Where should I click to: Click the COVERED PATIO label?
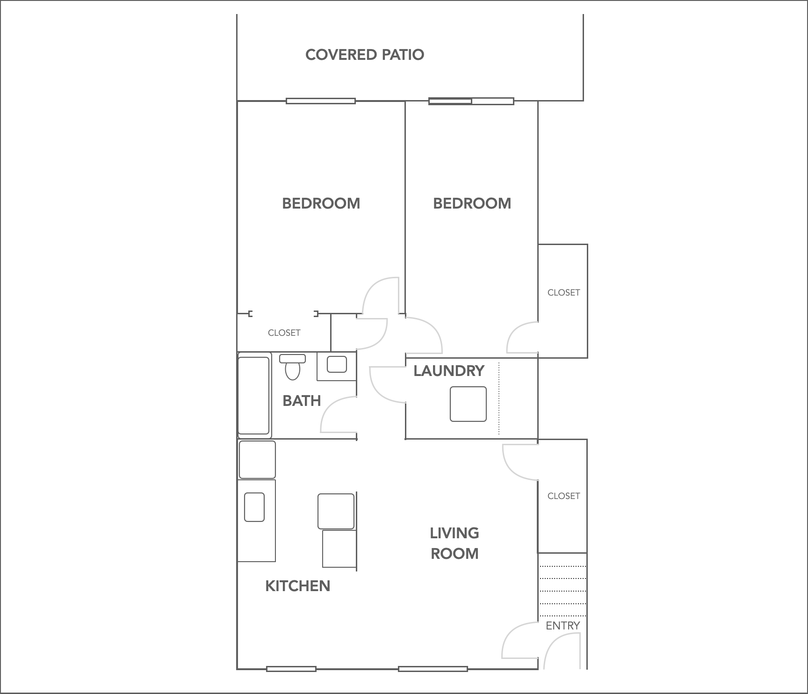365,55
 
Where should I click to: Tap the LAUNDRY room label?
448,371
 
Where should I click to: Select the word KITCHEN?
297,586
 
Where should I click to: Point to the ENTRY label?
563,626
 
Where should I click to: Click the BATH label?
302,401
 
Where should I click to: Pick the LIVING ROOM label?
454,543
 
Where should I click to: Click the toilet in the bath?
292,368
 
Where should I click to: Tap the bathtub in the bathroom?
254,396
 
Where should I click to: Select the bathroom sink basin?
337,364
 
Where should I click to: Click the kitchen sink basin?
254,507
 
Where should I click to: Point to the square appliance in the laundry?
468,404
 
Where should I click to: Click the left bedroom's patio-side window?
321,101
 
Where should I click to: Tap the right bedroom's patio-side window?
471,101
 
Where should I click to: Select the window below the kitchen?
291,669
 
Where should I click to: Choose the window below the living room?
433,669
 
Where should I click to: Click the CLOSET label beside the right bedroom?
563,293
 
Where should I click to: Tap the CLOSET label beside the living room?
563,496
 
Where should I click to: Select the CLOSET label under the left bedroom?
284,333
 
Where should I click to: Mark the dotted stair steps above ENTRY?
563,591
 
